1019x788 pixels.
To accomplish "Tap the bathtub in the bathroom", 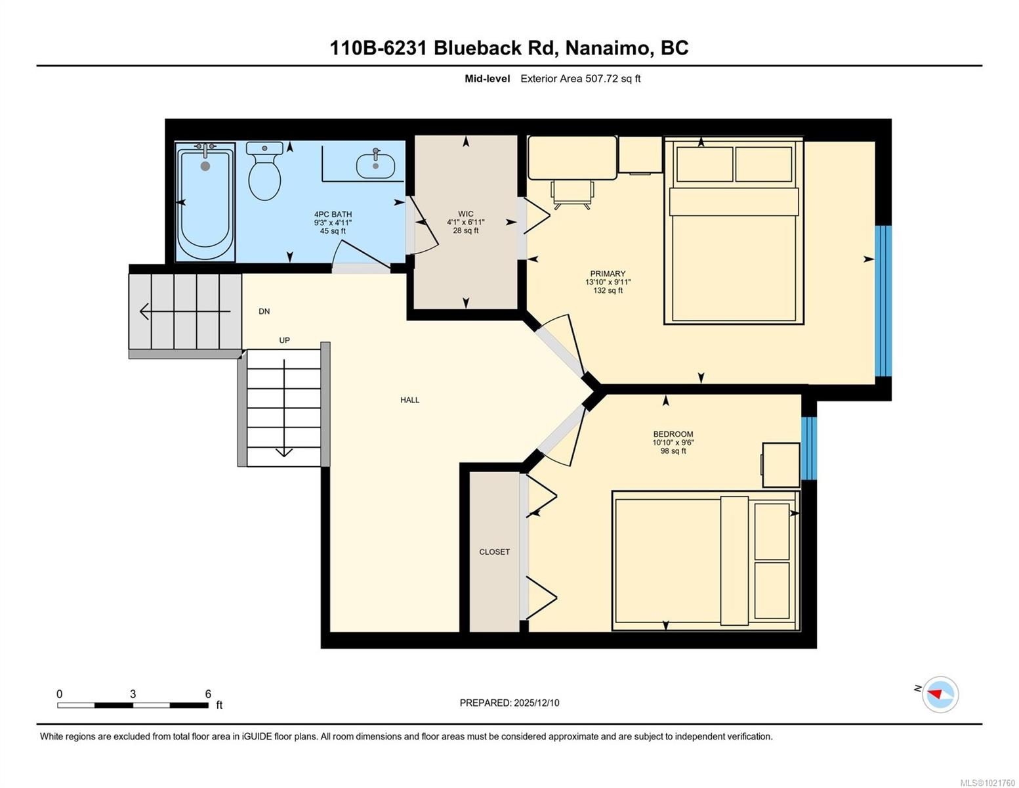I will coord(205,204).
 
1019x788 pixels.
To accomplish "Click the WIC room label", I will coord(465,214).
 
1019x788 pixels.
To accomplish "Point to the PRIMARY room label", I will coord(608,274).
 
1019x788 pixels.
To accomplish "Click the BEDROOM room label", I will coord(673,434).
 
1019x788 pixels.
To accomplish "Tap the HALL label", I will coord(409,400).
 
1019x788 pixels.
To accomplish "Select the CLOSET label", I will coord(494,552).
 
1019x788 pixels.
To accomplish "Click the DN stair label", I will coord(264,311).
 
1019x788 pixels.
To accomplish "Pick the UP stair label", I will coord(284,340).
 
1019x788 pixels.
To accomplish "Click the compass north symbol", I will coord(940,694).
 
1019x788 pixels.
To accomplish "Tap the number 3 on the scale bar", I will coord(133,694).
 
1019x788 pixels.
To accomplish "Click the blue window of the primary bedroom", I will coord(883,301).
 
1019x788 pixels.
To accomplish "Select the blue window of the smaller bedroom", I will coord(809,447).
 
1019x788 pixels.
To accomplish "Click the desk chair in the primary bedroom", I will coord(572,193).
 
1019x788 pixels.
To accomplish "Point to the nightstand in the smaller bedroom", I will coord(781,465).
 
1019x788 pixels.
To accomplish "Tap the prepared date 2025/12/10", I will coord(536,703).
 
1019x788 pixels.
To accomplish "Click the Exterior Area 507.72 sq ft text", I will coord(580,79).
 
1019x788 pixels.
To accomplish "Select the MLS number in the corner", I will coord(987,783).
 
